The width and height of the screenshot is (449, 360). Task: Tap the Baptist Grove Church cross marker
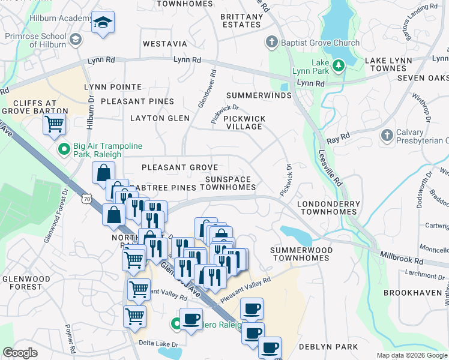pos(272,42)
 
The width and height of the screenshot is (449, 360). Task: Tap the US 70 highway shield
pos(88,198)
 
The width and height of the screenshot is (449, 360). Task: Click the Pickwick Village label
pos(243,122)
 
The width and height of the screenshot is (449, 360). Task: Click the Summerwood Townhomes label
pos(300,253)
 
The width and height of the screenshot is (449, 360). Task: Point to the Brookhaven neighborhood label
pos(414,293)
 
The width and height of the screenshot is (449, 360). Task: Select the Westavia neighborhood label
pos(164,44)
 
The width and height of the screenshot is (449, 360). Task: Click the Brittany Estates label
pos(232,21)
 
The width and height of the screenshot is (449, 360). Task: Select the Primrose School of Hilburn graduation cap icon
pos(76,40)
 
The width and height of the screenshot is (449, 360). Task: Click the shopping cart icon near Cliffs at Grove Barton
pos(55,124)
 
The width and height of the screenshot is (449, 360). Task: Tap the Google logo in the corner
pos(20,353)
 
